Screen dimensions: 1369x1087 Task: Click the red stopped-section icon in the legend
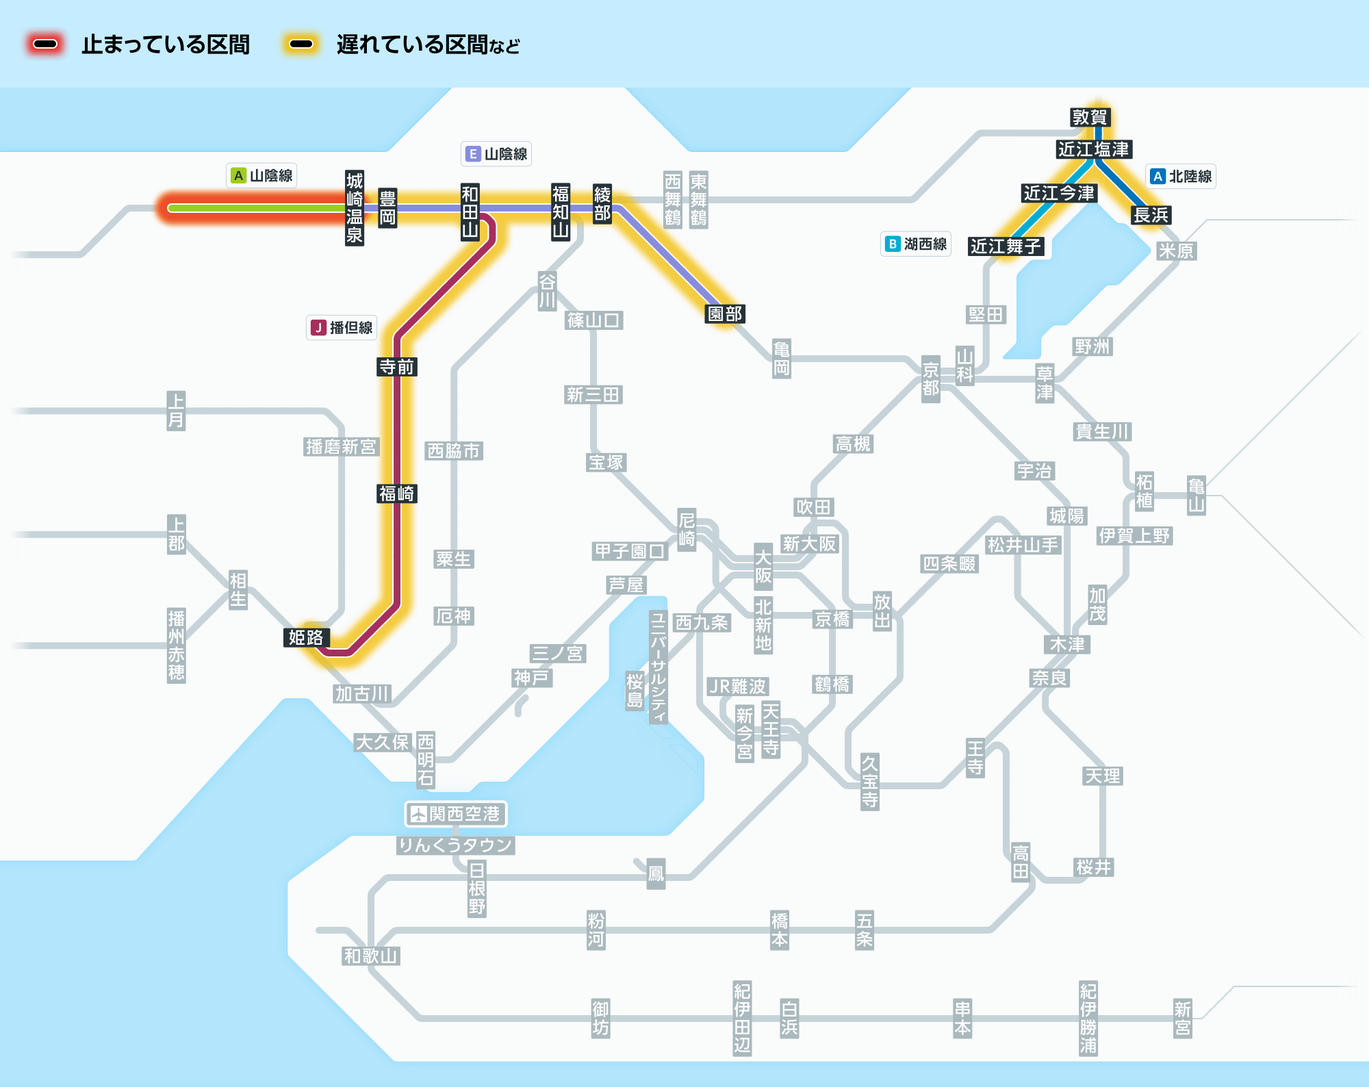tap(45, 44)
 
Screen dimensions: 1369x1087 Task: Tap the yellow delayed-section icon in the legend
tap(301, 44)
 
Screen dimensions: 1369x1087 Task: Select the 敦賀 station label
tap(1090, 117)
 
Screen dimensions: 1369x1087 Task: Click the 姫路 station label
tap(306, 637)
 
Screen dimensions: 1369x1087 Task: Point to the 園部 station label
tap(725, 314)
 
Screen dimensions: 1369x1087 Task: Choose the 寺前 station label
tap(397, 367)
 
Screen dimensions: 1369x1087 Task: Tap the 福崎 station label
tap(397, 494)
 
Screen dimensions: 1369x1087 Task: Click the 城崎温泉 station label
tap(355, 208)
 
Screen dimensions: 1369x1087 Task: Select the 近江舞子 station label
tap(1006, 246)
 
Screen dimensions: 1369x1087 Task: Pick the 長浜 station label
tap(1151, 215)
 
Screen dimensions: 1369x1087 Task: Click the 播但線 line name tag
tap(342, 328)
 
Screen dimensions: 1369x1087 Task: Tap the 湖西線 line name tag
tap(916, 244)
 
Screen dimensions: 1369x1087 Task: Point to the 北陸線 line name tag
tap(1181, 177)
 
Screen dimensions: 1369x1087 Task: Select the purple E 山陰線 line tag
tap(496, 154)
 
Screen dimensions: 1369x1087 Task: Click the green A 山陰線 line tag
tap(261, 176)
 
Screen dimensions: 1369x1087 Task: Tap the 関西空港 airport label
tap(456, 814)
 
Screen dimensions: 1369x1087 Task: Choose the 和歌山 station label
tap(371, 956)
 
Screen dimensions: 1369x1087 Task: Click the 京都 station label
tap(931, 379)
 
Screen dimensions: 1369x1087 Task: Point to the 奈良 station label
tap(1050, 678)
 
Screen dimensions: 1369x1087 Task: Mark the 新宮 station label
tap(1183, 1019)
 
